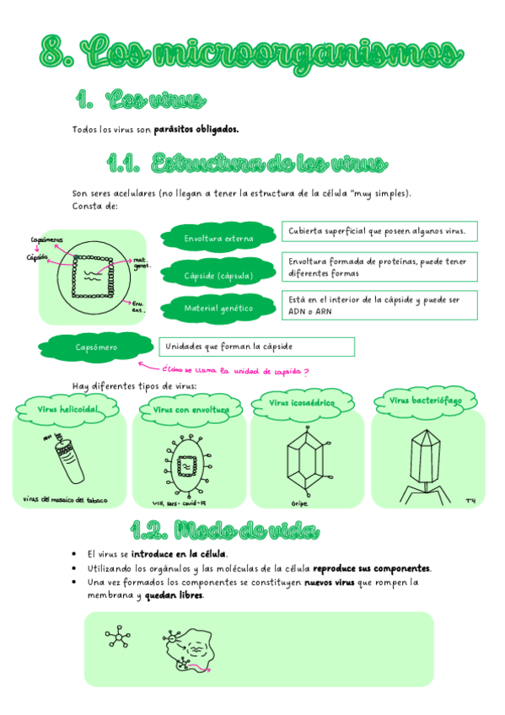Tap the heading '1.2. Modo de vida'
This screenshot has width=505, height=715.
point(226,530)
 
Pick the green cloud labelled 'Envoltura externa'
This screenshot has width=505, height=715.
point(218,239)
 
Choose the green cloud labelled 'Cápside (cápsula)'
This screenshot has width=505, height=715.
point(218,275)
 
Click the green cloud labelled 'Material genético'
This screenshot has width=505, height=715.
point(218,309)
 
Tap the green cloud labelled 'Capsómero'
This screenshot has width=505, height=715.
point(95,347)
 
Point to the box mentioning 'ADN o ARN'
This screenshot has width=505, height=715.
point(379,305)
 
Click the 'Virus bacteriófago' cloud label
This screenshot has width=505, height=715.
point(425,401)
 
